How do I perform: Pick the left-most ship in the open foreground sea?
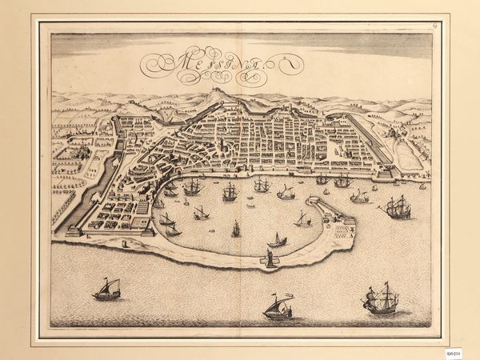tap(106, 289)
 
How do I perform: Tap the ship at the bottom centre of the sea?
tap(278, 306)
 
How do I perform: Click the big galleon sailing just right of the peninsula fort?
tap(398, 207)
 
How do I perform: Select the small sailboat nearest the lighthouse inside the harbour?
tap(277, 239)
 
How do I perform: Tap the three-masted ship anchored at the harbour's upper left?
tap(192, 187)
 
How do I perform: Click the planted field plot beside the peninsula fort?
tap(342, 233)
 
